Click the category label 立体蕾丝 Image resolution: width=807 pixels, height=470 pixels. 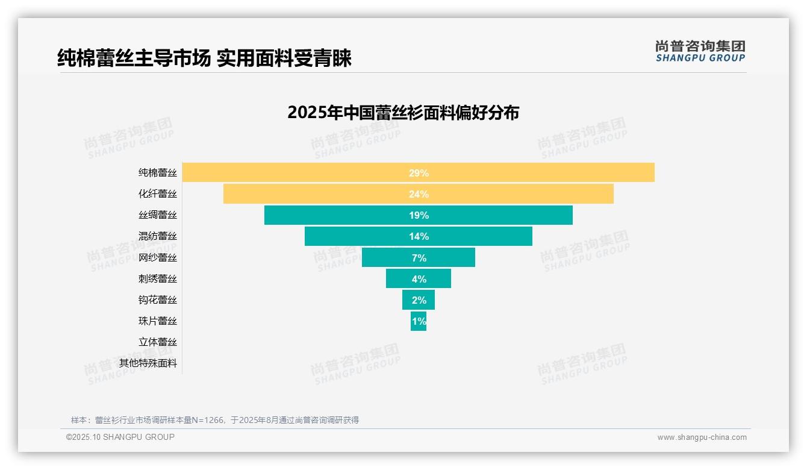coord(158,342)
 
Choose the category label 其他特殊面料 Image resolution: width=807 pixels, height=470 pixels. coord(148,363)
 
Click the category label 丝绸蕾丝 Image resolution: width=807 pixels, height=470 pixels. coord(158,215)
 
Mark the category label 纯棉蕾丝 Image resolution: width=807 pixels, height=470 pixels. coord(158,173)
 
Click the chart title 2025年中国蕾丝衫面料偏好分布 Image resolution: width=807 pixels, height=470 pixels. coord(403,113)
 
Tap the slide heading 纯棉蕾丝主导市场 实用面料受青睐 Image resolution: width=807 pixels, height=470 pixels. coord(204,58)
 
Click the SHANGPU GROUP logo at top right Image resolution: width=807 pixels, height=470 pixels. coord(700,51)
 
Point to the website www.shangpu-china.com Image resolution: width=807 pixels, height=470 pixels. coord(702,437)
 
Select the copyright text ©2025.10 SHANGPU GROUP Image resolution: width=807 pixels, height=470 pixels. coord(120,437)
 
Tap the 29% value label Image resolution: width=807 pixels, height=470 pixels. coord(419,173)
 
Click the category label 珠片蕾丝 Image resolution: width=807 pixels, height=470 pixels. coord(158,321)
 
